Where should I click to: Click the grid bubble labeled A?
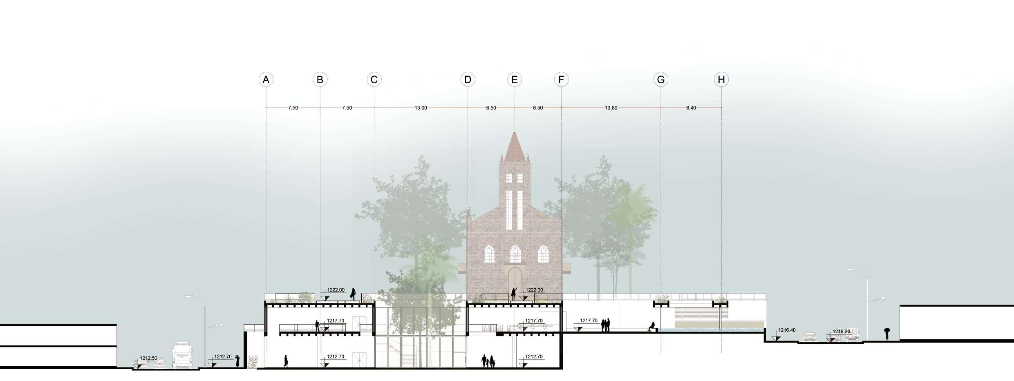tap(266, 80)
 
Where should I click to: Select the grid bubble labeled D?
tap(468, 80)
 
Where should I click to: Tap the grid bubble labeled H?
tap(721, 80)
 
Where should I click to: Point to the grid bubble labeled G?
tap(661, 80)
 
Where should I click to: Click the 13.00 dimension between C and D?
tap(421, 108)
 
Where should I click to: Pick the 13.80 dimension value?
tap(611, 108)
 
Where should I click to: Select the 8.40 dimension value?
tap(691, 108)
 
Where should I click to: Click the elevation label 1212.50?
tap(148, 358)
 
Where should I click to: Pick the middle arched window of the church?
tap(515, 254)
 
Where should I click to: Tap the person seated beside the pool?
tap(651, 326)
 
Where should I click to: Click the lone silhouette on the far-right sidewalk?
tap(886, 334)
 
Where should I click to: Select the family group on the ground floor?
tap(488, 361)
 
